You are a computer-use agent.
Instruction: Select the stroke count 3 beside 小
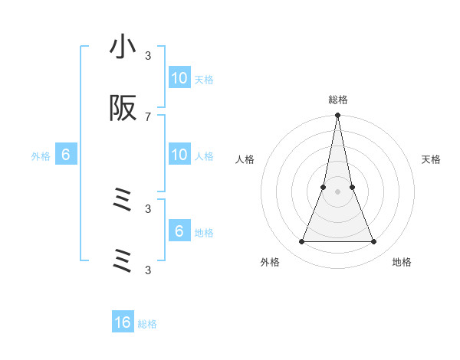pos(148,55)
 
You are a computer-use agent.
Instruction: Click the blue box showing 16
pos(123,322)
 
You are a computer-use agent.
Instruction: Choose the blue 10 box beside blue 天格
pos(179,78)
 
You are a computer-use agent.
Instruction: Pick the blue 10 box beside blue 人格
pos(179,155)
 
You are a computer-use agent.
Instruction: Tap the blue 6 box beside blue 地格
pos(179,231)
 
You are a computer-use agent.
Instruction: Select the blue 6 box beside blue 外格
pos(66,155)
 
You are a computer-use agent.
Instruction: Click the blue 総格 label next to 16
pos(147,324)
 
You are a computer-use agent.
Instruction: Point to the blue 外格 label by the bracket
pos(41,155)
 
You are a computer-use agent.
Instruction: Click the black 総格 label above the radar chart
pos(338,100)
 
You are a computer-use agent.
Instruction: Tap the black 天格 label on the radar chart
pos(432,159)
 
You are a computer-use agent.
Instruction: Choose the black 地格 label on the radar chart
pos(402,262)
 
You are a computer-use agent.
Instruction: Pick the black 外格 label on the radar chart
pos(270,262)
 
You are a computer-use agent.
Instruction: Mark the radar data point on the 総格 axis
pos(337,116)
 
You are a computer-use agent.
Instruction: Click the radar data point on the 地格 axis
pos(374,242)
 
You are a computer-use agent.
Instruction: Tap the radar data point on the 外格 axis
pos(301,242)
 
